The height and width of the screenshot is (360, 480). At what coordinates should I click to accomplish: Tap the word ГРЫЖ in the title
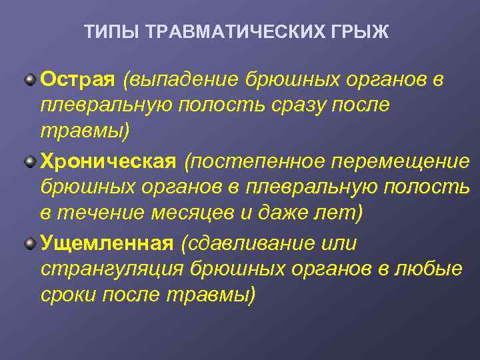[x=364, y=32]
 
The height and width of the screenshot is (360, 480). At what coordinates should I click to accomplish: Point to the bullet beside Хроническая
[x=30, y=162]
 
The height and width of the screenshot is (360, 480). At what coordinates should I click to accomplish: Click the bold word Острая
[x=78, y=79]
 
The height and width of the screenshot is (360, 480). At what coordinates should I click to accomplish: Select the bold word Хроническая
[x=109, y=161]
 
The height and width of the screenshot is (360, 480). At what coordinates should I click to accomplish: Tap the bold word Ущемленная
[x=107, y=243]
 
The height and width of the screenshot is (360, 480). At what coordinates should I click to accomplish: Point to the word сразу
[x=295, y=105]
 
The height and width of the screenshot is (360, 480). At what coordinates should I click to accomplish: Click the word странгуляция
[x=110, y=269]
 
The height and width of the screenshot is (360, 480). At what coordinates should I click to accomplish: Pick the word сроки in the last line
[x=68, y=295]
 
